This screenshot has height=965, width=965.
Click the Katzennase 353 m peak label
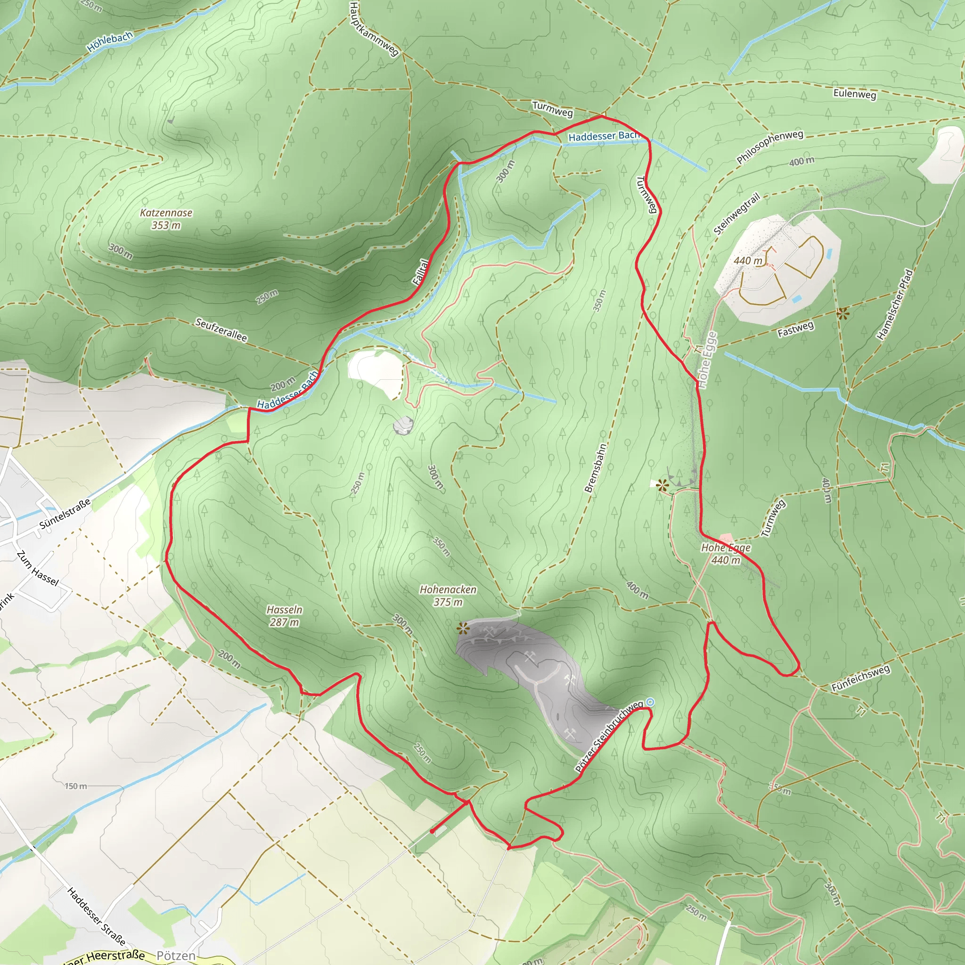point(166,219)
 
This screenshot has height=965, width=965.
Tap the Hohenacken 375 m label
point(448,596)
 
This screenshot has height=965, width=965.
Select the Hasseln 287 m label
point(284,616)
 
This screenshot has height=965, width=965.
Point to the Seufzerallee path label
point(221,330)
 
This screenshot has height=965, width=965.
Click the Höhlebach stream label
point(110,42)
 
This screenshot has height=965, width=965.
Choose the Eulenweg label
point(855,94)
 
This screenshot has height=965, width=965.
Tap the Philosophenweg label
point(770,147)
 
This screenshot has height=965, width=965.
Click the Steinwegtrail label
point(737,214)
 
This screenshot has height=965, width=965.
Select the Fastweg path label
point(796,329)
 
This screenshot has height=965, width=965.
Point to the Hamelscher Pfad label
point(895,304)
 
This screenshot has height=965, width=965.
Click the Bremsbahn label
point(596,468)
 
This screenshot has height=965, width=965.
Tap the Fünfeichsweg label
point(860,679)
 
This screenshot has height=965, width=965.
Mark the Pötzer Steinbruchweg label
point(609,736)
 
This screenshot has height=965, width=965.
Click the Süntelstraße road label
point(65,514)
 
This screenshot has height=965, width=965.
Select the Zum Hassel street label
point(38,569)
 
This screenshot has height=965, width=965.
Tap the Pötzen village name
point(176,956)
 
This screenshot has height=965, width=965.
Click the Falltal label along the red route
point(421,272)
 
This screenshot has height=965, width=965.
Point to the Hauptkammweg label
point(374,28)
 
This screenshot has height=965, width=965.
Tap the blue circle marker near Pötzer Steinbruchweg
point(650,702)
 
